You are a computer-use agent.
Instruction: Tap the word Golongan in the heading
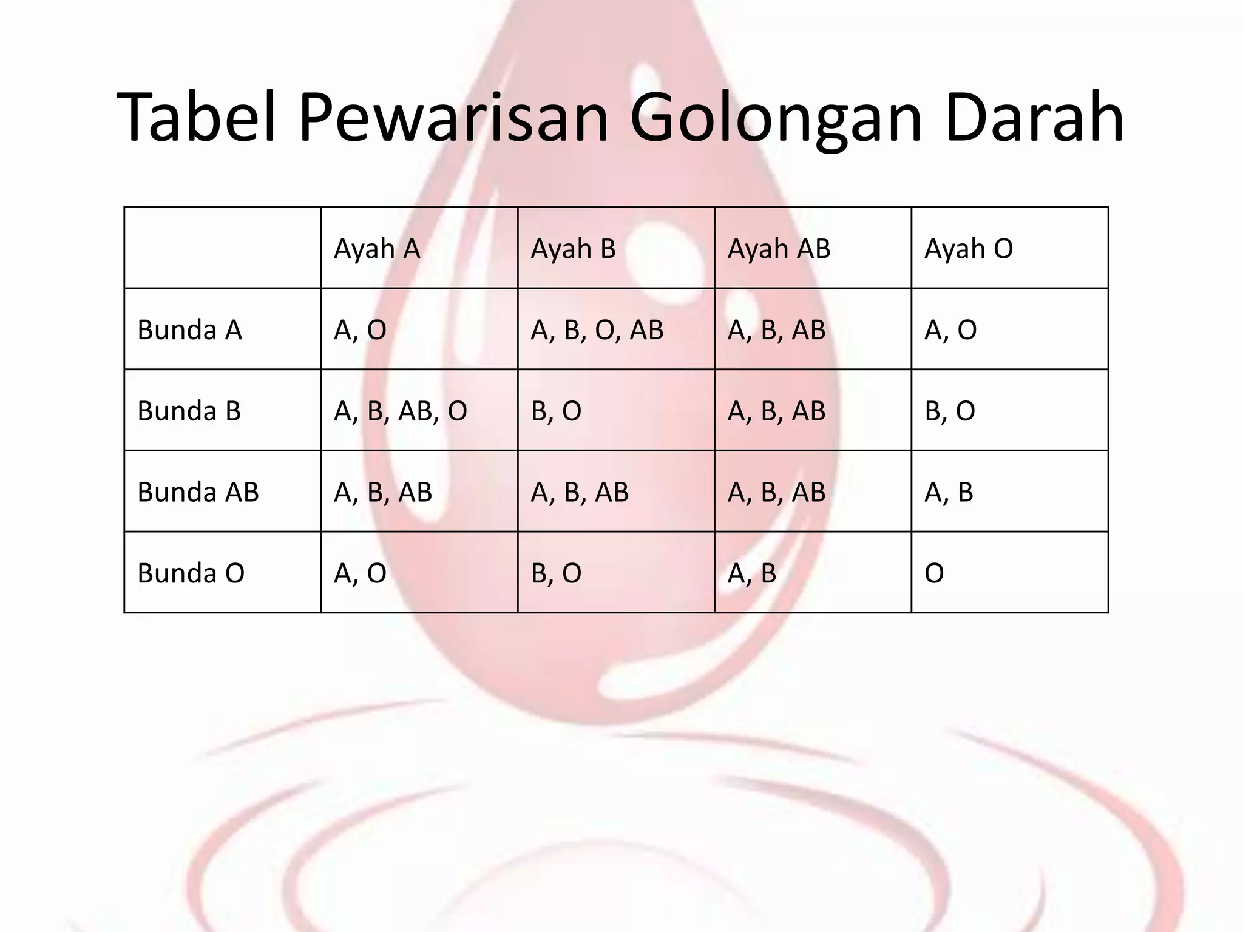point(776,118)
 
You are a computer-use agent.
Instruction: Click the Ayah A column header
point(377,249)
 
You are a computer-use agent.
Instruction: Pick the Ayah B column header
point(573,249)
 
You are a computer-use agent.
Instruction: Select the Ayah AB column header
point(779,249)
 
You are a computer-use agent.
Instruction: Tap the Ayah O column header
point(969,249)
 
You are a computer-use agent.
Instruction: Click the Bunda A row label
point(189,330)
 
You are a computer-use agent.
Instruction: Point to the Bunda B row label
point(189,411)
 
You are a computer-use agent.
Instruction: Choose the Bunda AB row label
point(198,492)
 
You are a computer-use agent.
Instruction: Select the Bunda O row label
point(191,573)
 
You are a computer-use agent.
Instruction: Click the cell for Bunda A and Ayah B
point(597,330)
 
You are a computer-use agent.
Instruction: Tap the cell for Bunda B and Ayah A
point(401,411)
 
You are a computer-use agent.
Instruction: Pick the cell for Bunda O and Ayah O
point(935,573)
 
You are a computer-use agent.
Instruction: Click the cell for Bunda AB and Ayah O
point(949,492)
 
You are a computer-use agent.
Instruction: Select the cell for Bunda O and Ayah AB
point(752,573)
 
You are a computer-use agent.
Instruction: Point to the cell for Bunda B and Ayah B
point(556,411)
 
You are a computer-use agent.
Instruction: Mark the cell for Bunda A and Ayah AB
point(776,330)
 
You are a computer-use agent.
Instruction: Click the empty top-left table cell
point(222,248)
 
